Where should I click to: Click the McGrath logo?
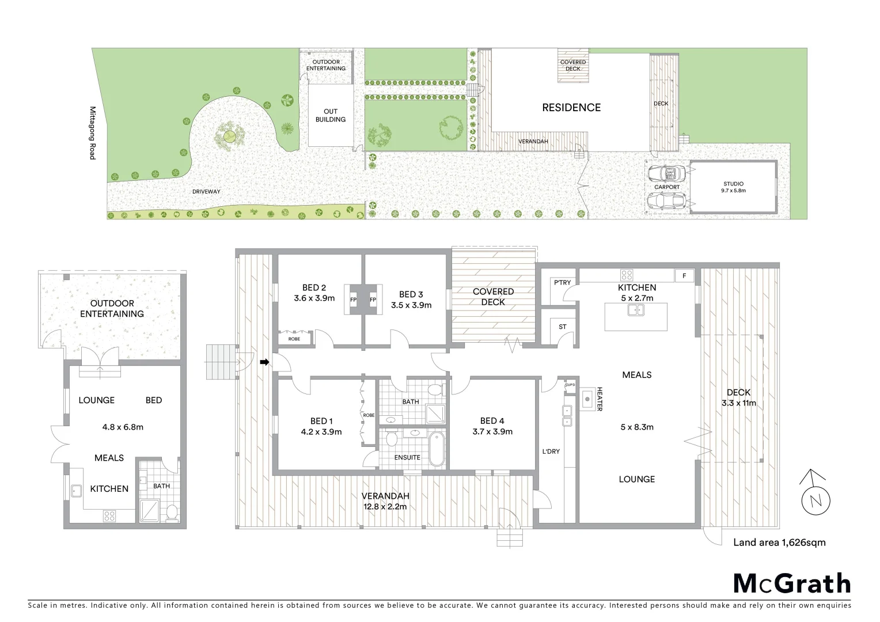click(792, 583)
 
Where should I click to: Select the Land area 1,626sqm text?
click(779, 542)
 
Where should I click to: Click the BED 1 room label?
click(321, 421)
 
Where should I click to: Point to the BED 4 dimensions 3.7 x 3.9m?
click(492, 431)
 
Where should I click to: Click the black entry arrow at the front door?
click(264, 362)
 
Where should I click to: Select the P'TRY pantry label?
click(562, 282)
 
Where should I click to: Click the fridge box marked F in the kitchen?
click(684, 276)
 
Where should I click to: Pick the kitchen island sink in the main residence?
click(636, 310)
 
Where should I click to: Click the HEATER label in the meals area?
click(599, 399)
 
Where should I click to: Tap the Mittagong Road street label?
click(92, 132)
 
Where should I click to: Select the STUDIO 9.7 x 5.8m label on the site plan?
click(733, 187)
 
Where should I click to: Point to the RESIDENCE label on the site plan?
click(571, 108)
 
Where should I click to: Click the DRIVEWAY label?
click(206, 191)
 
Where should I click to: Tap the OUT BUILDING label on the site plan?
click(331, 115)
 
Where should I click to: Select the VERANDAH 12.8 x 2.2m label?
click(385, 501)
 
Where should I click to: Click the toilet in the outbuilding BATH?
click(170, 512)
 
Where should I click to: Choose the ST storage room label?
click(563, 327)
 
